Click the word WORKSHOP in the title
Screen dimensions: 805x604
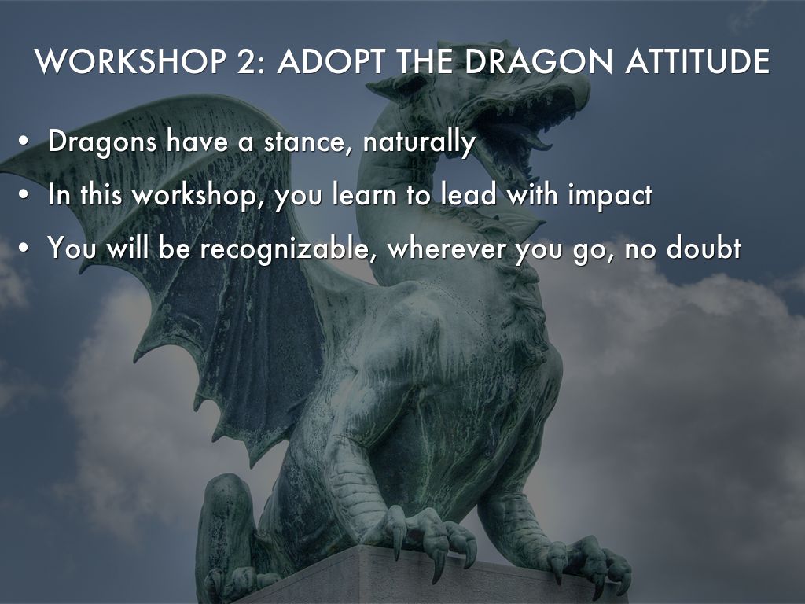click(130, 61)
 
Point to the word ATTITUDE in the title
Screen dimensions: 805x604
click(697, 61)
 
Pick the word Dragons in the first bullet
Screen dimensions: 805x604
click(102, 142)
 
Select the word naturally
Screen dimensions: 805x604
click(419, 143)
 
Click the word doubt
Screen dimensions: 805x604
click(704, 247)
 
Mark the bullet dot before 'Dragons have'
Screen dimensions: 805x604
click(22, 142)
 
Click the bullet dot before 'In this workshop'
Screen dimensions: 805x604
click(22, 196)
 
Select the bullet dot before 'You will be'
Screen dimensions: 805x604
click(22, 248)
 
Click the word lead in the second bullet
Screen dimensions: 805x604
click(470, 195)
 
